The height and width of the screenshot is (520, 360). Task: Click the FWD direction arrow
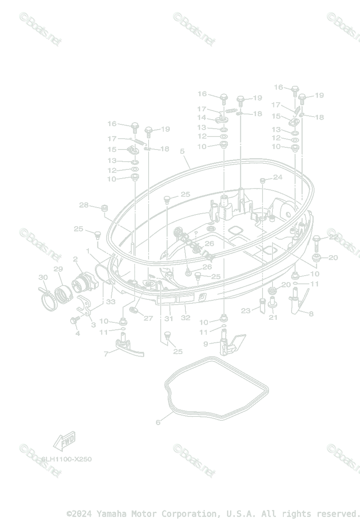[64, 441]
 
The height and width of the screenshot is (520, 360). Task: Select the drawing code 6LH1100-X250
[67, 459]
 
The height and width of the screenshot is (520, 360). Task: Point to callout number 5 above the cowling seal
[182, 151]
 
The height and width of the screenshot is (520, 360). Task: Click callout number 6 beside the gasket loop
[158, 422]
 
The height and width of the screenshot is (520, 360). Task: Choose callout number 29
[58, 269]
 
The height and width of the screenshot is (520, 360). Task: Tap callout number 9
[206, 344]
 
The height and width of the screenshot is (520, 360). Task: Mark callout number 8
[311, 313]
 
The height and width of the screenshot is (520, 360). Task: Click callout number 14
[202, 118]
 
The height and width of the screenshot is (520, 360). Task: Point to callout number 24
[277, 177]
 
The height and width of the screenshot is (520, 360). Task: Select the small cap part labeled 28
[104, 209]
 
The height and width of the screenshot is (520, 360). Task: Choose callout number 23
[246, 311]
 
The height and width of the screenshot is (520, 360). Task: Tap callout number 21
[273, 317]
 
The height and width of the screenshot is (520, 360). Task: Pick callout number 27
[148, 318]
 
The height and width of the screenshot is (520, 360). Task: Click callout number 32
[185, 318]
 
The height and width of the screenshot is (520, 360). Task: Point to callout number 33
[111, 302]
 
